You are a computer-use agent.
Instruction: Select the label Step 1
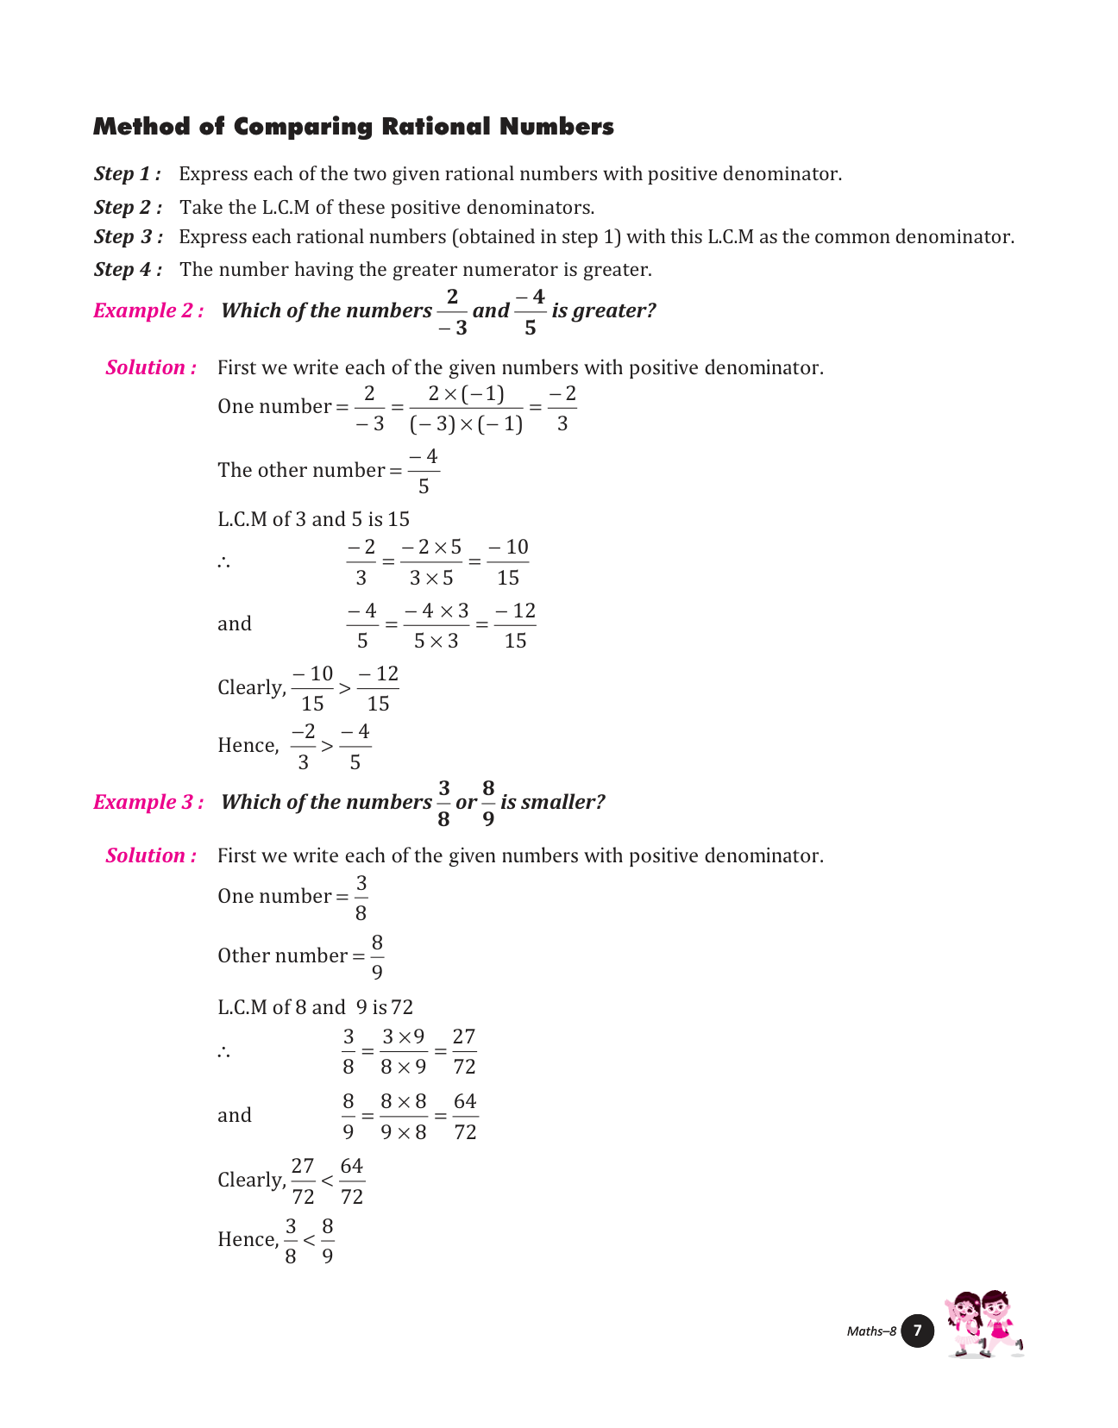click(127, 174)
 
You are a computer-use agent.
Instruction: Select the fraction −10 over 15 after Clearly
click(312, 688)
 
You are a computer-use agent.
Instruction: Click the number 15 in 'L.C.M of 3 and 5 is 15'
click(399, 519)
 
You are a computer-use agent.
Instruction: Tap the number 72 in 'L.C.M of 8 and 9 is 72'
click(402, 1007)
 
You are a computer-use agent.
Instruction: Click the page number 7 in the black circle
click(917, 1331)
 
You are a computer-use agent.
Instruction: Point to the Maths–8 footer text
click(871, 1331)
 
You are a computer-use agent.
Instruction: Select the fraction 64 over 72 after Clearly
click(352, 1181)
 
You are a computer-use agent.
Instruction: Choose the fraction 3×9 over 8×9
click(404, 1051)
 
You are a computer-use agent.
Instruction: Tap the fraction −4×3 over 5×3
click(437, 625)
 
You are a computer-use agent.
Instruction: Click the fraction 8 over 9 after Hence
click(328, 1241)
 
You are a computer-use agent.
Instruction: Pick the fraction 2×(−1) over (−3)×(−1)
click(466, 409)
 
